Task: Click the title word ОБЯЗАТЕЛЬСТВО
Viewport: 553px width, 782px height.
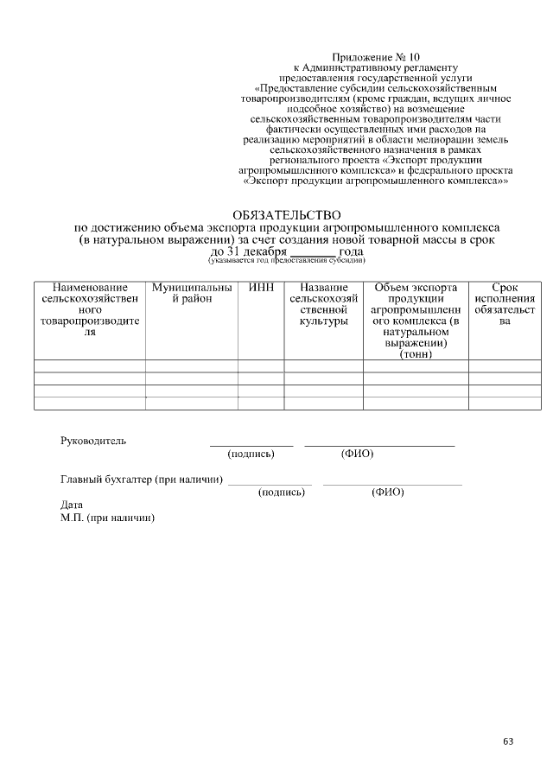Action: coord(287,214)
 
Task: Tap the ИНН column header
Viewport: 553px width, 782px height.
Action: coord(261,287)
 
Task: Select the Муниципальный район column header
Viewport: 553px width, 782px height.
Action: coord(191,293)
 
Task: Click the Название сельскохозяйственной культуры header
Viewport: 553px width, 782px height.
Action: coord(323,304)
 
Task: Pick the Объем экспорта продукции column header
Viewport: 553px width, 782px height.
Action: coord(415,320)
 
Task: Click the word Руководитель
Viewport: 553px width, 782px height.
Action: coord(93,441)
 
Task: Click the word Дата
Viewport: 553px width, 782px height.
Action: coord(72,504)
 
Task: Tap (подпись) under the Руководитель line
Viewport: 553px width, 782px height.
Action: coord(251,454)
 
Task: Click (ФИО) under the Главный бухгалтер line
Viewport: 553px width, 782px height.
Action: coord(387,493)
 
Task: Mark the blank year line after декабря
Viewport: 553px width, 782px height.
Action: coord(313,251)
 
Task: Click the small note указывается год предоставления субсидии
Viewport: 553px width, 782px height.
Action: coord(286,260)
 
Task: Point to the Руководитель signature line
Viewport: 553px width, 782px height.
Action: coord(251,444)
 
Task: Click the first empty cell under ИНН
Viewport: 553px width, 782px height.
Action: coord(261,366)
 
